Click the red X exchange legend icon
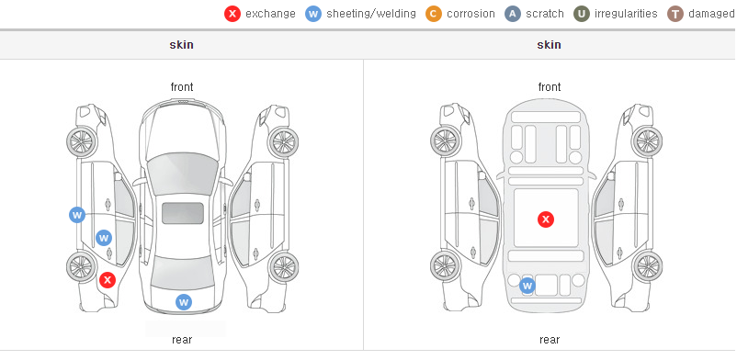(232, 14)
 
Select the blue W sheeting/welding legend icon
(313, 14)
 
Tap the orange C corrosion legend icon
(434, 14)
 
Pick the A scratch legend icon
(513, 14)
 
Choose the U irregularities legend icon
(582, 14)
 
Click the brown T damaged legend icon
(675, 14)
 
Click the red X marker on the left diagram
(108, 281)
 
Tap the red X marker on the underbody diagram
(546, 219)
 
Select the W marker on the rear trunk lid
(184, 302)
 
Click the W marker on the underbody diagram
(527, 286)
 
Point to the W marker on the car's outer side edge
(77, 215)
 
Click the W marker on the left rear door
(104, 238)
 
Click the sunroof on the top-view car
(183, 213)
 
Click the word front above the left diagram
(182, 87)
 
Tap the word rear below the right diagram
(550, 340)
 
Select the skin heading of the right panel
(549, 45)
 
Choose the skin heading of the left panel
(181, 45)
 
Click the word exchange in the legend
(270, 14)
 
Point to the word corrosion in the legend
(471, 14)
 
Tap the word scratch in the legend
(545, 14)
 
